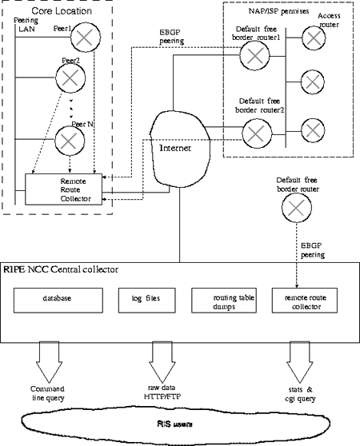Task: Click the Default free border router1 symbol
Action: pyautogui.click(x=255, y=54)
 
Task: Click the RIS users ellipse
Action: pyautogui.click(x=180, y=419)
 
